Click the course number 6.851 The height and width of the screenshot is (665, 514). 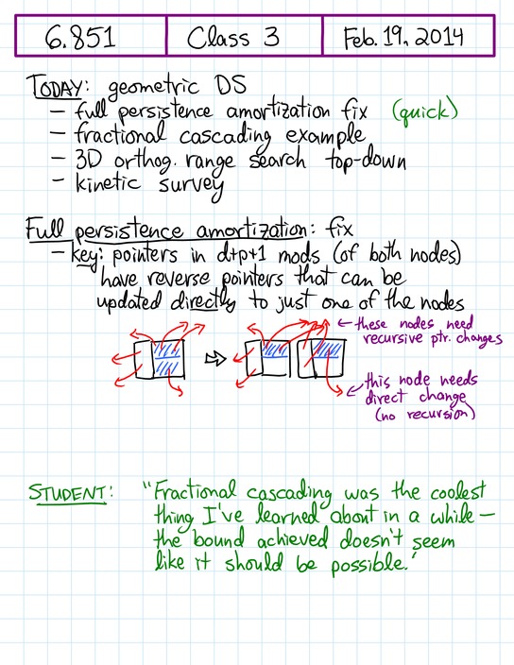[x=80, y=37]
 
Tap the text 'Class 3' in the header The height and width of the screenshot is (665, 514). [x=232, y=37]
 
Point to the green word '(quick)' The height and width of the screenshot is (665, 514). [x=425, y=112]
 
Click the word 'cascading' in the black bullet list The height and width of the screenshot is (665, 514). [x=225, y=136]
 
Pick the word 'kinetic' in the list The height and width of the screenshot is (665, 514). [x=108, y=183]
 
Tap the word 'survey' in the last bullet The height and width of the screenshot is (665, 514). [x=191, y=186]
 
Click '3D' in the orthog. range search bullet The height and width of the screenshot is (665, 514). [x=88, y=160]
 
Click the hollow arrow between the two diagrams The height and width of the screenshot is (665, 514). [x=215, y=359]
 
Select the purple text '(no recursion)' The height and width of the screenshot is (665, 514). [x=424, y=414]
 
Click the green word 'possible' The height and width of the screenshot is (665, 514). [x=368, y=563]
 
